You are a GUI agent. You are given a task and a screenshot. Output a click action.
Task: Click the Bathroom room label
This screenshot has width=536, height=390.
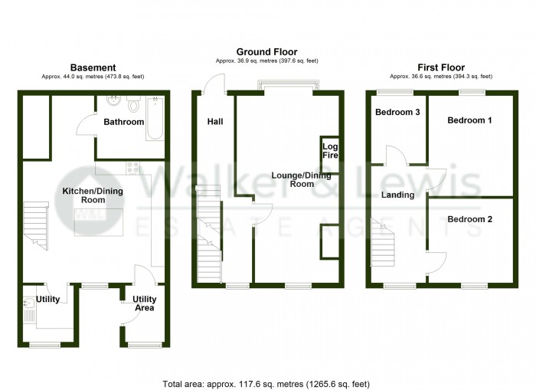124,122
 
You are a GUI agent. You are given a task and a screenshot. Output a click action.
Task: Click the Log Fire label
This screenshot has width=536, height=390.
330,150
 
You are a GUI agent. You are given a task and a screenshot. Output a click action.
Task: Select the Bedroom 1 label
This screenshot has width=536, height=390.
469,121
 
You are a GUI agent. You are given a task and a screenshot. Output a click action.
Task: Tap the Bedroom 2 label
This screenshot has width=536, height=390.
469,219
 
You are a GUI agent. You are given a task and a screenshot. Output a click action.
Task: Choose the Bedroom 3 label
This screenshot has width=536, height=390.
397,113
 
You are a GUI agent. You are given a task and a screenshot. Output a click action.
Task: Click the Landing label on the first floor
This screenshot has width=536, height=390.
397,195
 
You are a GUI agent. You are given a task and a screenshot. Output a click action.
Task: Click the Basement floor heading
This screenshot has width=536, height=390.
93,67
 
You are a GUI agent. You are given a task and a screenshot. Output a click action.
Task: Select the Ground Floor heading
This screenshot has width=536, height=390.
266,52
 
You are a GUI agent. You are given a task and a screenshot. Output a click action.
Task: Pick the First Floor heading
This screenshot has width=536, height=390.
441,67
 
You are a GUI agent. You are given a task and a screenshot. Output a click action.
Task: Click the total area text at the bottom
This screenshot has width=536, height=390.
267,383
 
